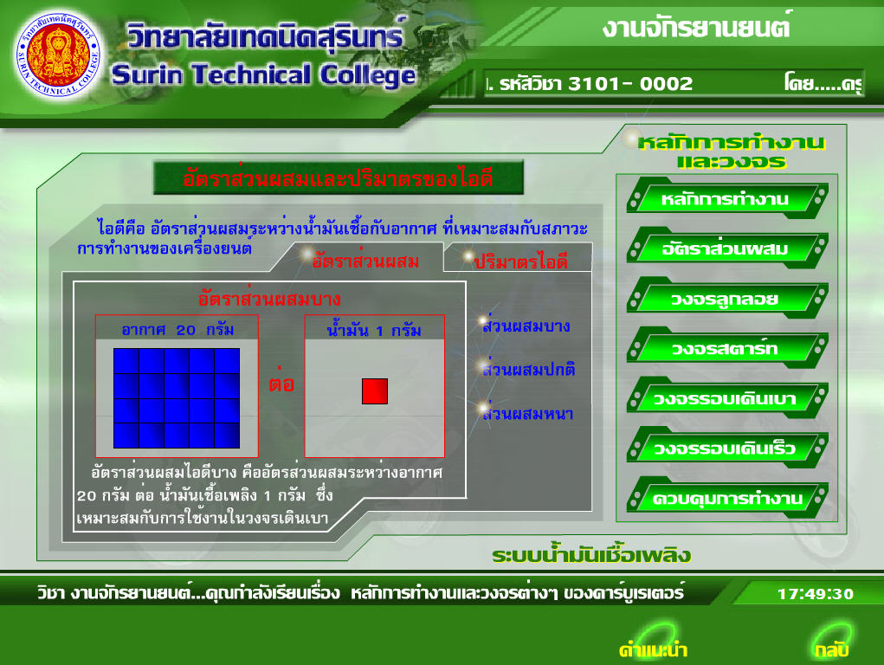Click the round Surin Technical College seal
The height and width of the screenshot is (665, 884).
pos(59,55)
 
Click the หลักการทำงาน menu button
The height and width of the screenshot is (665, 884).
pos(726,198)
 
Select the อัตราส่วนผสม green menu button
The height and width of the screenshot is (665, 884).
pos(726,249)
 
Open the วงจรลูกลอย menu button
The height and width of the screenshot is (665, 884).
pos(726,299)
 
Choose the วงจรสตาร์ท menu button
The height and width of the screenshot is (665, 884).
pos(726,348)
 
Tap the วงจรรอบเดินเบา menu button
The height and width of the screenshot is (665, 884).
pos(726,398)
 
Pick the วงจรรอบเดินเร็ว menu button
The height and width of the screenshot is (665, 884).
pos(726,448)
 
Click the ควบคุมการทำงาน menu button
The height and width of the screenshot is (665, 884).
pos(726,498)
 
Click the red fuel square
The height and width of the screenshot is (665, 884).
pos(375,391)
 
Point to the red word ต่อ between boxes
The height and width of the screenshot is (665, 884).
pos(281,382)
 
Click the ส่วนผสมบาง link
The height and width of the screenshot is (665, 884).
pos(526,325)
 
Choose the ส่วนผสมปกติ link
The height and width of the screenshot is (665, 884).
pos(529,369)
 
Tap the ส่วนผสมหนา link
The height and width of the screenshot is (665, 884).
pos(527,413)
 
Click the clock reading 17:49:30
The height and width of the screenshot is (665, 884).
pos(816,594)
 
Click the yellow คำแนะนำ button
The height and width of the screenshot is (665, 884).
pos(653,649)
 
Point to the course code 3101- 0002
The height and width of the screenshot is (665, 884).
pos(630,83)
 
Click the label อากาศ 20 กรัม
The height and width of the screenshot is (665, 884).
pos(177,330)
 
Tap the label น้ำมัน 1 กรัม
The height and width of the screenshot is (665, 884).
pos(374,330)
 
